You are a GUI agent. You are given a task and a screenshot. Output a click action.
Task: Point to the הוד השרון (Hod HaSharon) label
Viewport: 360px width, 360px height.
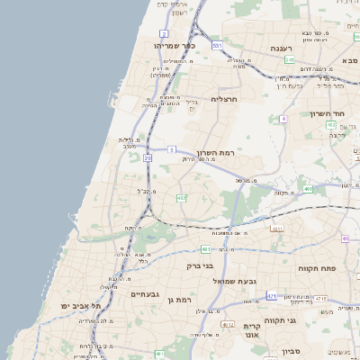(328, 113)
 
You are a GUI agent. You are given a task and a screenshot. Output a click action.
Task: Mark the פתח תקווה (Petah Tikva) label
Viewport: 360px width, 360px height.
(316, 268)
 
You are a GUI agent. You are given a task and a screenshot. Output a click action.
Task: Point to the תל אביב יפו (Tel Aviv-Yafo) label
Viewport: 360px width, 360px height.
(89, 306)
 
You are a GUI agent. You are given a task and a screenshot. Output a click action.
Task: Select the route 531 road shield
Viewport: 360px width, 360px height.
(217, 44)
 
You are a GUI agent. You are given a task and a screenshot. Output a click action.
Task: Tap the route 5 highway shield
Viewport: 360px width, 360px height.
(171, 149)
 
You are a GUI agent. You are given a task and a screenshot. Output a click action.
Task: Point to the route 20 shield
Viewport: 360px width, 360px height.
(147, 158)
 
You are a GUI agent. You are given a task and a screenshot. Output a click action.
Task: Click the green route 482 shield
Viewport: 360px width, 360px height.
(182, 197)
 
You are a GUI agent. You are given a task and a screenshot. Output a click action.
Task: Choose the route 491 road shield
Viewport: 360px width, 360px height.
(308, 190)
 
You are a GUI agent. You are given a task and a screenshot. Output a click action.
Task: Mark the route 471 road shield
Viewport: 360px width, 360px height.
(272, 294)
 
